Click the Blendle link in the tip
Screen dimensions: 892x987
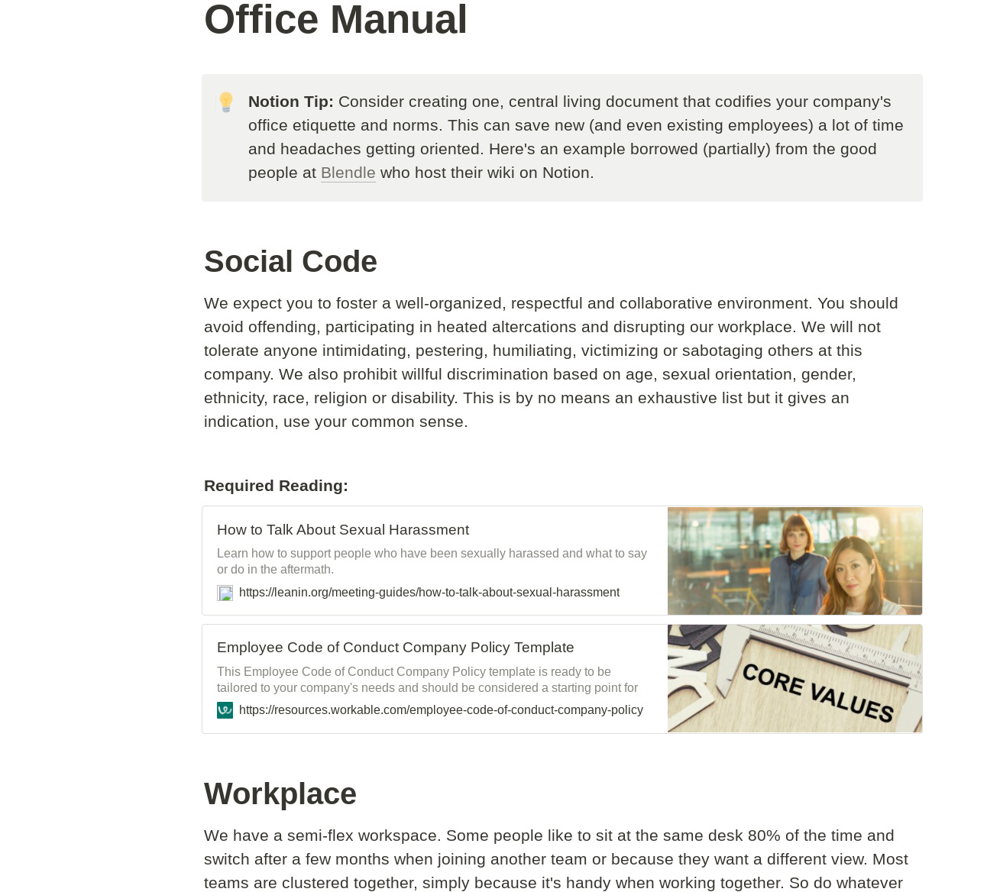348,173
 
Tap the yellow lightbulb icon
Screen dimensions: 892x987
226,102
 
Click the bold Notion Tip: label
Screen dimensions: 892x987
290,102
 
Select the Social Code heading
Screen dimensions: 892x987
290,261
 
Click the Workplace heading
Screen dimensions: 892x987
280,793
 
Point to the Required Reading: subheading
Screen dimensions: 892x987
276,486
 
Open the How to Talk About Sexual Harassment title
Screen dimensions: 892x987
342,529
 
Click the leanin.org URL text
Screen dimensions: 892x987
429,593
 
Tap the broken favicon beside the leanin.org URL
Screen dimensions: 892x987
225,593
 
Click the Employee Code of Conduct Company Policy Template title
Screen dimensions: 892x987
395,647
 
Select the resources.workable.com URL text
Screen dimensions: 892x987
441,710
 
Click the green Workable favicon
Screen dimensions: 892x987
225,710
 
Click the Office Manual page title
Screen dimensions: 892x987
335,20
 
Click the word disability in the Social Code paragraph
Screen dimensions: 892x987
423,398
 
